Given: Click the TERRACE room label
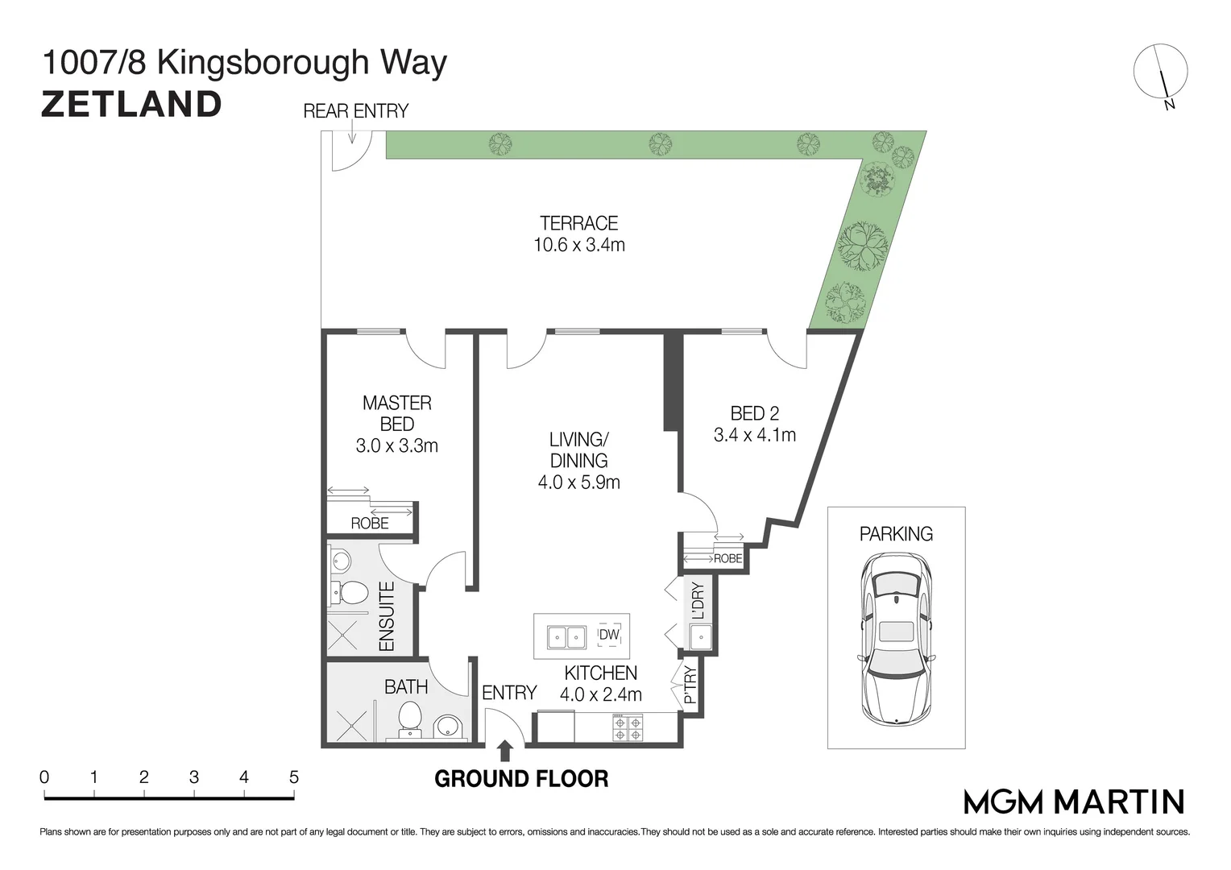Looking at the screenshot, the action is coord(578,223).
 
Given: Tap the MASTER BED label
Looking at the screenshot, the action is coord(397,413).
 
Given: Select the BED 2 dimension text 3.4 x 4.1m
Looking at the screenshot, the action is coord(755,435).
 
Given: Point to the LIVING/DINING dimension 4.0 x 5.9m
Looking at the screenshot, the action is coord(578,482).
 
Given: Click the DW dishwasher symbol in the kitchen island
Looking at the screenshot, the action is coord(609,635).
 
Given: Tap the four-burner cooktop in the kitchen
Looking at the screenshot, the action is coord(628,727).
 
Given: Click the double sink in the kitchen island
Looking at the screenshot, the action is coord(566,637).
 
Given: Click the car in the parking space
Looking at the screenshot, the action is coord(897,638).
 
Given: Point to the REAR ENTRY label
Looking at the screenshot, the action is coord(355,111).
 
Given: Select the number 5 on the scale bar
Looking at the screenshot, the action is coord(294,777).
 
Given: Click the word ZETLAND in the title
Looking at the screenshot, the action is coord(131,105).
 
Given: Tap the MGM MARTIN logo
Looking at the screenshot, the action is coord(1074,802).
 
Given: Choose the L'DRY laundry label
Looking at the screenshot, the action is coord(698,601).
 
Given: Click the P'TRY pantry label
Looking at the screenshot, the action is coord(690,685).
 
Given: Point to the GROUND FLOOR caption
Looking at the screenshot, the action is coord(521,779).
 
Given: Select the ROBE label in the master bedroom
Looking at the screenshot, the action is coord(369,524).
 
